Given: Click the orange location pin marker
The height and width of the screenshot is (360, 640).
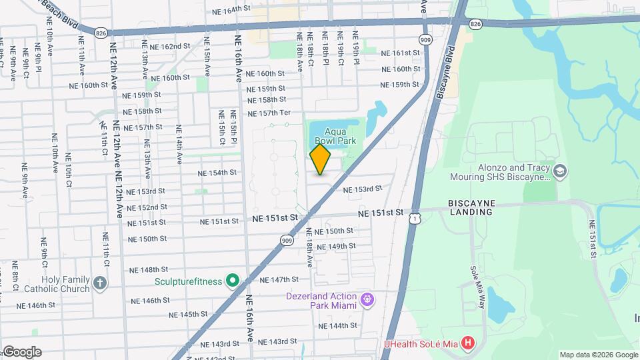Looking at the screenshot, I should point(320,159).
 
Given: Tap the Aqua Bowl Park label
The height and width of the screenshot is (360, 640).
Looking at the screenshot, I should point(335,135).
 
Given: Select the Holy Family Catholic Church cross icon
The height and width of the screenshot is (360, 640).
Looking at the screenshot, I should point(100,282).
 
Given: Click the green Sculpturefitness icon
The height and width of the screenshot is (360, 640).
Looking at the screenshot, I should point(232,281).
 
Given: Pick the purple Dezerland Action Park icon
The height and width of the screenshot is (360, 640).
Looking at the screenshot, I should point(366,300).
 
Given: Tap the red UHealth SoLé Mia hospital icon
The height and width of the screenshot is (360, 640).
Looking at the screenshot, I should point(469,343).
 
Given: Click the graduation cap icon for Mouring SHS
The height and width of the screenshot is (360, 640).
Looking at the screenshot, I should point(560,172).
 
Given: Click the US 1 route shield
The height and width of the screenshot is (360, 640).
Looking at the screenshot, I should point(415,218).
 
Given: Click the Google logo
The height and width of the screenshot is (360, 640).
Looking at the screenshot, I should point(21,352).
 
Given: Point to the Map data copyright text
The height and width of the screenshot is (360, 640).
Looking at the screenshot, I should point(599,355).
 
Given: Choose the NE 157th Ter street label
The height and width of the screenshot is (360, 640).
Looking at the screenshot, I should point(269,113).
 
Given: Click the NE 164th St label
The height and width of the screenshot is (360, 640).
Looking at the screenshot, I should point(230,10).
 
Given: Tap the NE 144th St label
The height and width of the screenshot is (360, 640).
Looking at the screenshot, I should point(338,325).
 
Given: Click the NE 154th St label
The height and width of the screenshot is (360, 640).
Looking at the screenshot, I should point(217,173).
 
